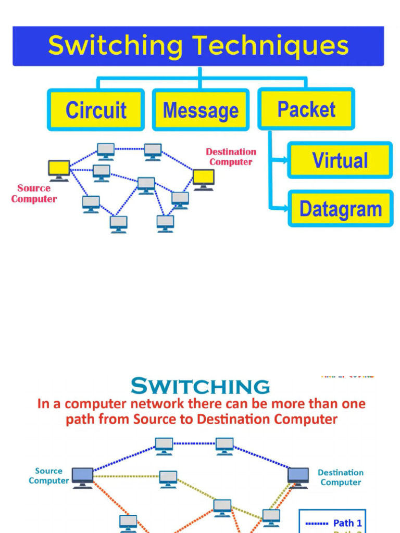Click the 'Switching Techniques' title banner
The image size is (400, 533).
click(198, 46)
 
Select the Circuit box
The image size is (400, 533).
click(96, 110)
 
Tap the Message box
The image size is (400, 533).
click(201, 110)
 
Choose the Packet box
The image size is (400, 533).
click(306, 109)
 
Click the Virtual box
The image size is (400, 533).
click(340, 160)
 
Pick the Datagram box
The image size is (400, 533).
click(340, 209)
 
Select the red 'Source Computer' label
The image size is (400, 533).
click(34, 194)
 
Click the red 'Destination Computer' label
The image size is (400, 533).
click(231, 157)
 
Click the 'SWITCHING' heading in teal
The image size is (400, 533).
click(200, 387)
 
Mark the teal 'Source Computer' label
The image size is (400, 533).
click(48, 476)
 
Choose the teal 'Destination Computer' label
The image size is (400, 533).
click(341, 477)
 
